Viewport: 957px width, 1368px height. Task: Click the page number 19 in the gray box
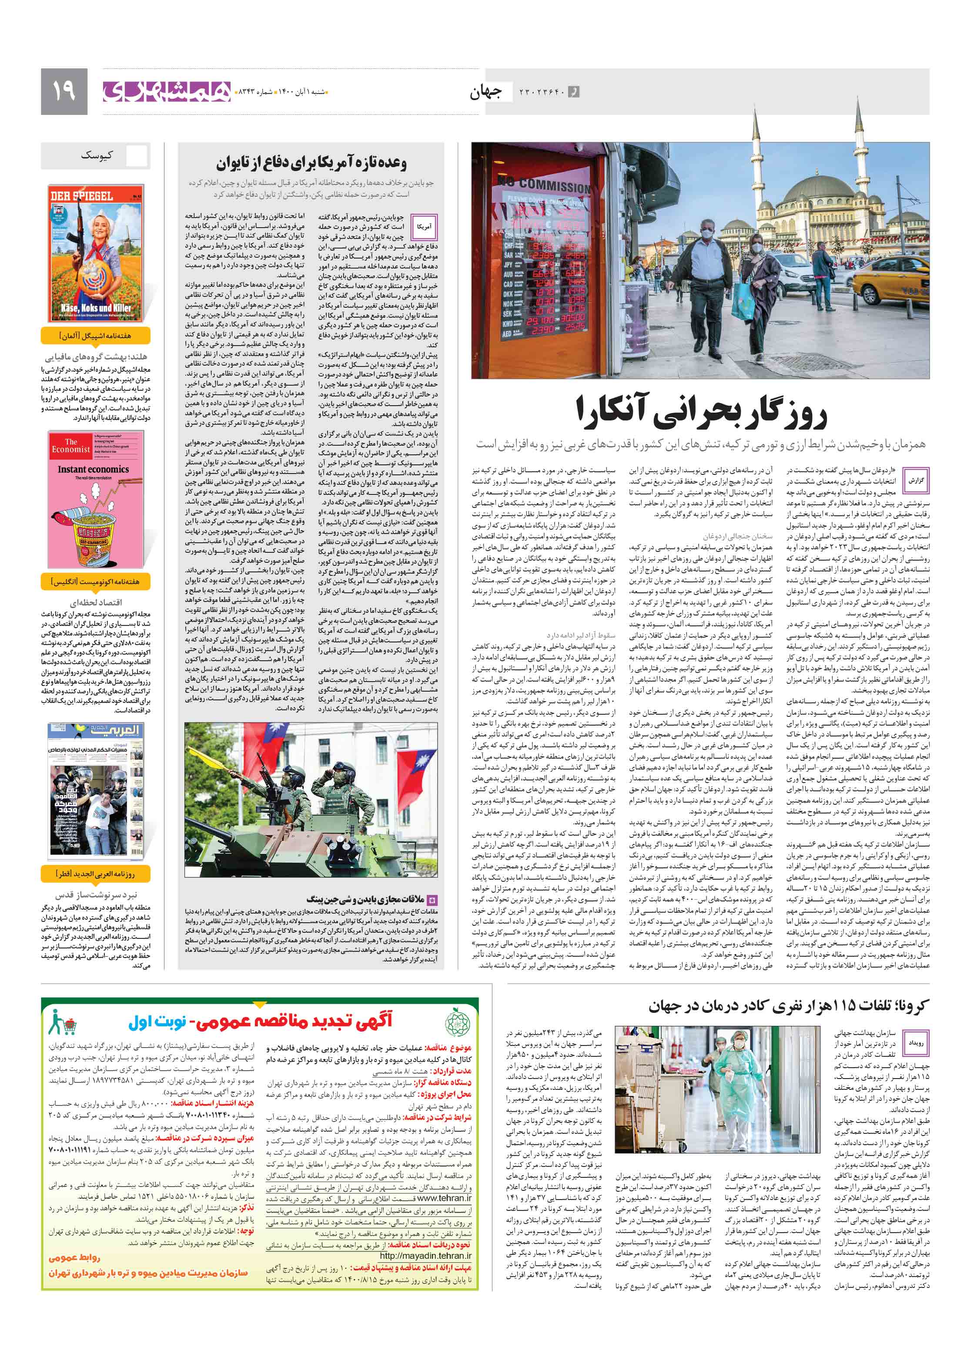[x=64, y=91]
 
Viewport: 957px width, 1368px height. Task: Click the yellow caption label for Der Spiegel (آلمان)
[x=95, y=336]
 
